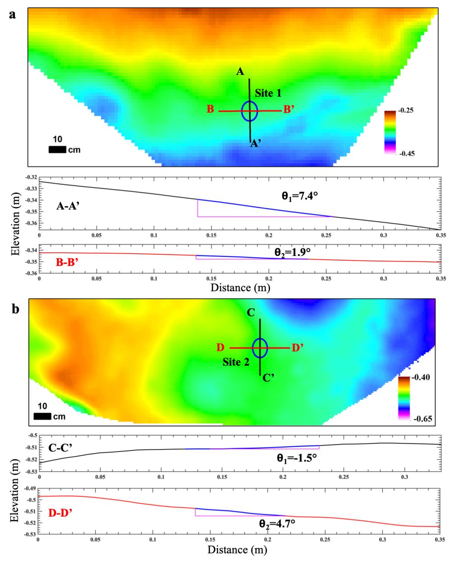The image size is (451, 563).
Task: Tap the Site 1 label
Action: [x=268, y=93]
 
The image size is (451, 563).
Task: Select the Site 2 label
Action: [x=236, y=362]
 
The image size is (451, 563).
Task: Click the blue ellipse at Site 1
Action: [x=249, y=111]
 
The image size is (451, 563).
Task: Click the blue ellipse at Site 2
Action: [x=260, y=348]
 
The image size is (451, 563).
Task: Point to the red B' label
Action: [x=289, y=109]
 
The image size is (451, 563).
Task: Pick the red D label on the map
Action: [x=221, y=347]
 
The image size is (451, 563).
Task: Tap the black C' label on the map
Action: [x=269, y=378]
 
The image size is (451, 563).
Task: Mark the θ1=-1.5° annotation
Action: [x=297, y=458]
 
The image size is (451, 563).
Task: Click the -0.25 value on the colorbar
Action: [x=406, y=111]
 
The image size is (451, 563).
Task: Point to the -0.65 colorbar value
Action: [x=423, y=419]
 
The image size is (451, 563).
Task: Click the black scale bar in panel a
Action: [x=57, y=149]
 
